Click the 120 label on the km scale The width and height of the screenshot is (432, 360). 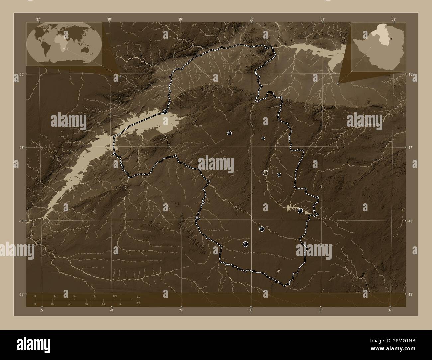115,296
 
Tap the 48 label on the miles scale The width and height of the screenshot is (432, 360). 86,304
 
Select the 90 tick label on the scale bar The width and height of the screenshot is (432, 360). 95,296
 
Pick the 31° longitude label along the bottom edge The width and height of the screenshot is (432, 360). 320,310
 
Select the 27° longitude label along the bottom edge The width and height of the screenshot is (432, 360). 42,310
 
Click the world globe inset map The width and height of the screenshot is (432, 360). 64,44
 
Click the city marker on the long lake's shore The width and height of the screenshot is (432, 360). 165,112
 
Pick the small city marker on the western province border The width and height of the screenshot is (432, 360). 198,218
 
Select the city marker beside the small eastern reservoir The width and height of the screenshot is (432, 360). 300,210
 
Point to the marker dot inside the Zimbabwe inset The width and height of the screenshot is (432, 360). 391,38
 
